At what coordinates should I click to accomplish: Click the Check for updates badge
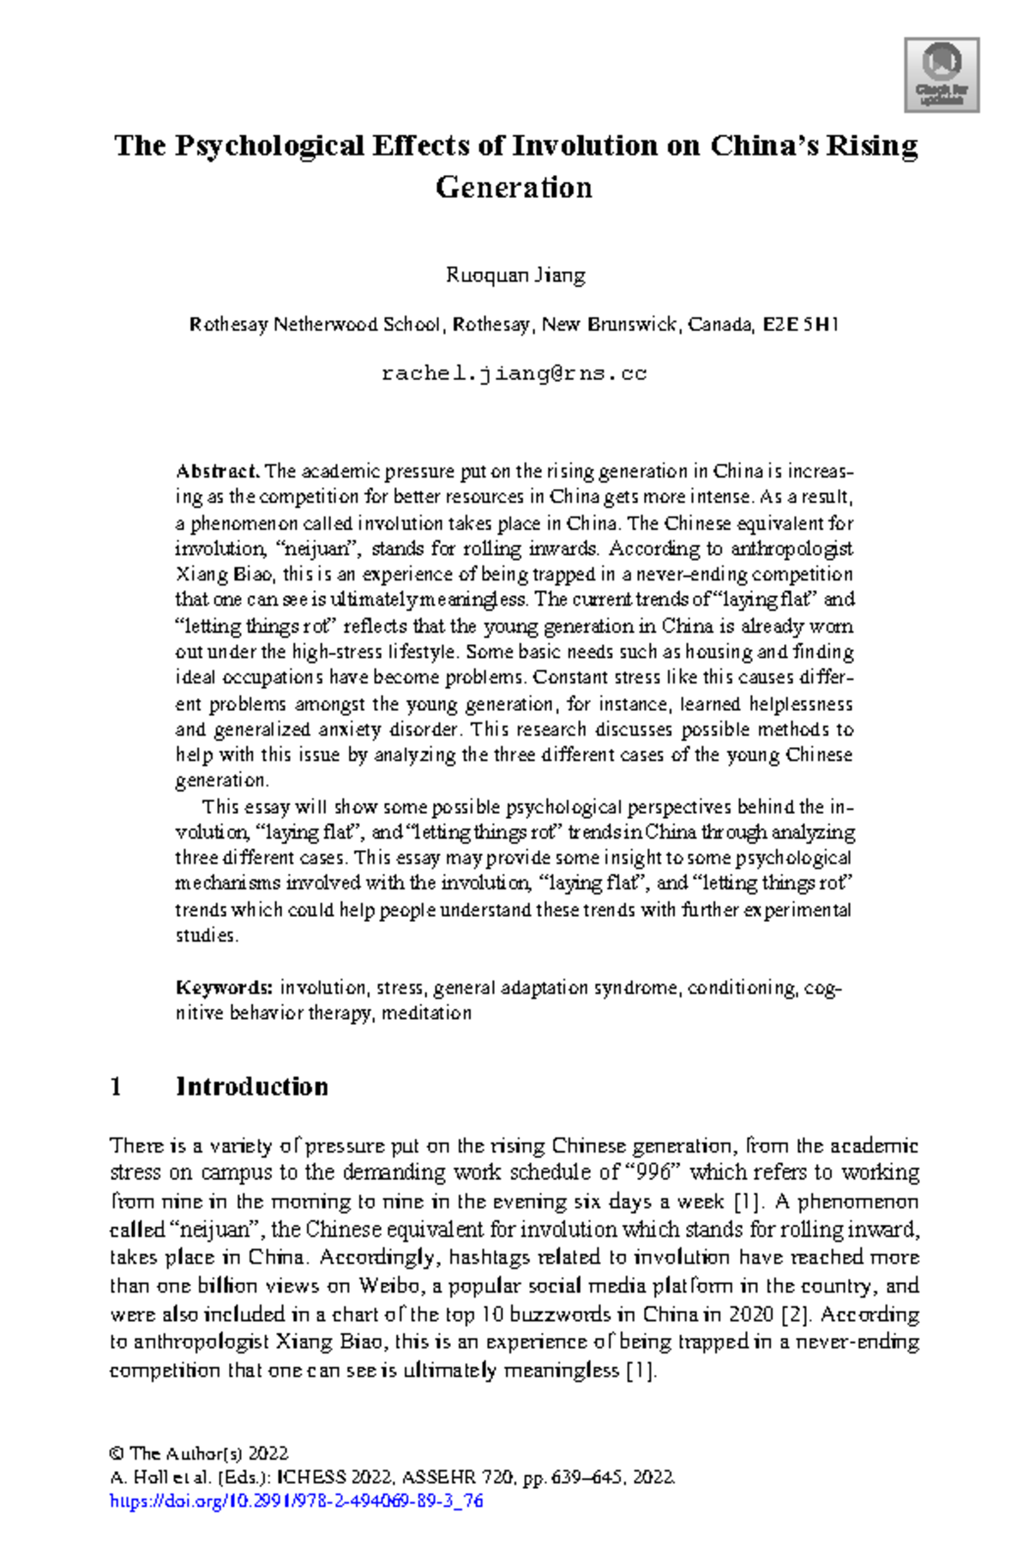tap(942, 75)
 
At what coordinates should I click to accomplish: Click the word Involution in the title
tap(585, 145)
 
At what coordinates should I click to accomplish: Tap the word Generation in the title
tap(514, 187)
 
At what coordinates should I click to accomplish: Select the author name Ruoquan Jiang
tap(515, 275)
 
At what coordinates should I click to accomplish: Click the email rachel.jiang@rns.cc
tap(514, 374)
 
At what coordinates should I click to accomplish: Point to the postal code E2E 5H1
tap(800, 325)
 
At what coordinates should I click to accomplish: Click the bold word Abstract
tap(217, 471)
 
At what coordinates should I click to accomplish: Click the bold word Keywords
tap(224, 988)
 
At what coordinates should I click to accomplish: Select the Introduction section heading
tap(251, 1087)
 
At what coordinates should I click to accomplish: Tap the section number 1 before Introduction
tap(116, 1087)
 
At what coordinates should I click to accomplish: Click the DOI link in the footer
tap(297, 1501)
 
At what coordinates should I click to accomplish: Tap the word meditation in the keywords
tap(426, 1013)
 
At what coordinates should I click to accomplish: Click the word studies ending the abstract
tap(206, 936)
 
